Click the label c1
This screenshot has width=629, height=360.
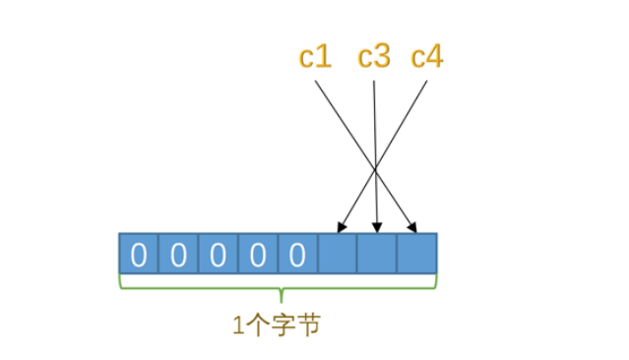coord(315,57)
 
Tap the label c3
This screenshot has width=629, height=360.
coord(374,57)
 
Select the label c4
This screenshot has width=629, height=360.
coord(427,57)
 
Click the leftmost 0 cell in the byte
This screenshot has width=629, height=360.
coord(139,255)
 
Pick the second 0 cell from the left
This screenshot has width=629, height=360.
coord(178,255)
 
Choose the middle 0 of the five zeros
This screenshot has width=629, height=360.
coord(219,255)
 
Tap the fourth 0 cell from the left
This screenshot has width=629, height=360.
coord(258,255)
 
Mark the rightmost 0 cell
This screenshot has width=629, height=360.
coord(297,255)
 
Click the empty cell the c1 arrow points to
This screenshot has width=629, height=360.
coord(416,255)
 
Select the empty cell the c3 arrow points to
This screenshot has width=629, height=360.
coord(377,255)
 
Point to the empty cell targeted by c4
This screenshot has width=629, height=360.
coord(338,255)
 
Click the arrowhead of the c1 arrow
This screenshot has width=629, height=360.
coord(414,228)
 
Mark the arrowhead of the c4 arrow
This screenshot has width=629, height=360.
coord(340,228)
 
